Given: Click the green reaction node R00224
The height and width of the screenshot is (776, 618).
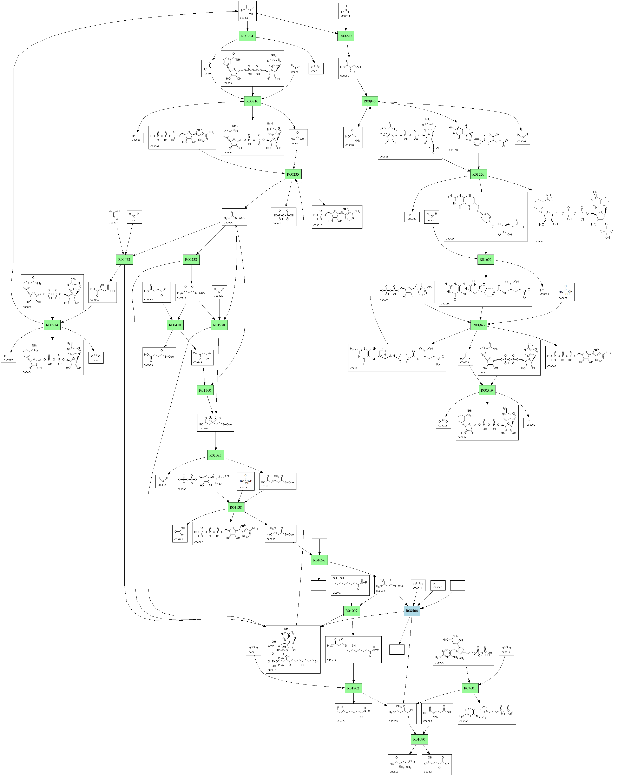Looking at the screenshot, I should tap(247, 36).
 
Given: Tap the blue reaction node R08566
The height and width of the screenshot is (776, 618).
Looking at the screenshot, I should tap(412, 610).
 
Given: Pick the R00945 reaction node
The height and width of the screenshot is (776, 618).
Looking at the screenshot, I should tap(369, 101).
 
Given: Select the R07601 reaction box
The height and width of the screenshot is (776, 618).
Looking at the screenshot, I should tap(470, 688).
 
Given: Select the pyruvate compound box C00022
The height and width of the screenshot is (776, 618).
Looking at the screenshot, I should tap(247, 11).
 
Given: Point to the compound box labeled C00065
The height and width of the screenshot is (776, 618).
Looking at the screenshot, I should tap(350, 68).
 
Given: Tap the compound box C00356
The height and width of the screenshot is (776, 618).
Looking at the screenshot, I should tap(215, 423).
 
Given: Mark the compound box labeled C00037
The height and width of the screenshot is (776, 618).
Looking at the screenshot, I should tap(353, 137).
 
